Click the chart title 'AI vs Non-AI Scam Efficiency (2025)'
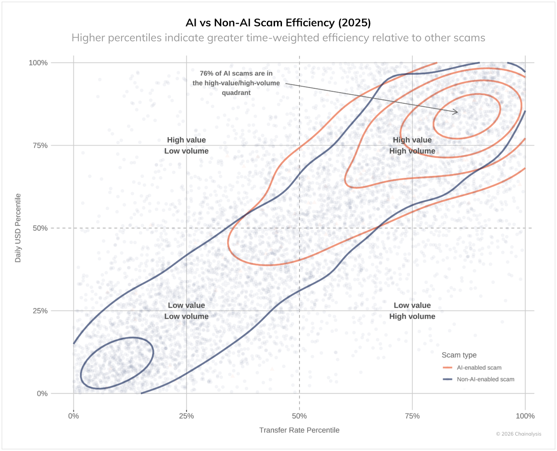(278, 23)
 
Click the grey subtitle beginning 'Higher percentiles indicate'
(278, 38)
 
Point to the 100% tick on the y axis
(38, 63)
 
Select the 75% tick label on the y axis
(40, 146)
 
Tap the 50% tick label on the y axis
(40, 228)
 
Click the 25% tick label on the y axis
(40, 311)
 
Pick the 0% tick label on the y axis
(42, 394)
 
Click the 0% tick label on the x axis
(73, 416)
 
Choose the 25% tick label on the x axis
(186, 416)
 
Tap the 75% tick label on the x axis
(412, 416)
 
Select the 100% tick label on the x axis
(525, 416)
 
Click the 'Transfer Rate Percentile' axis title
(299, 430)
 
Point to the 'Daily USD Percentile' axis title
(18, 228)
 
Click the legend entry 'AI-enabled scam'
(479, 368)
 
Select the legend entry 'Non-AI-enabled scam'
(485, 379)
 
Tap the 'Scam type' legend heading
(459, 355)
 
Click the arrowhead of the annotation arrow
(456, 112)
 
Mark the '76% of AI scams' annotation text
(236, 83)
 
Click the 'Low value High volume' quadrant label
(412, 311)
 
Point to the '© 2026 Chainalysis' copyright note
(518, 434)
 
